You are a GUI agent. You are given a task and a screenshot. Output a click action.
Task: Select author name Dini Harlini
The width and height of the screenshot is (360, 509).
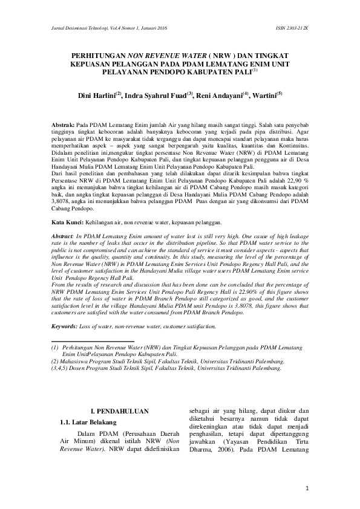tap(97, 96)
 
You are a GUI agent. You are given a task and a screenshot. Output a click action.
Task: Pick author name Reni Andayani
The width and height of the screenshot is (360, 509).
tap(219, 96)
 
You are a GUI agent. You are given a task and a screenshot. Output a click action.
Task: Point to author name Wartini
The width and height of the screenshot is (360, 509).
tap(266, 96)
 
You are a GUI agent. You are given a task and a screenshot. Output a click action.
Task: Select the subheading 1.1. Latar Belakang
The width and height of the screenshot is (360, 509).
tap(90, 421)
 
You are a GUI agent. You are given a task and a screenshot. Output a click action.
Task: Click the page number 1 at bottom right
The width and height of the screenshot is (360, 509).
tap(307, 488)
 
